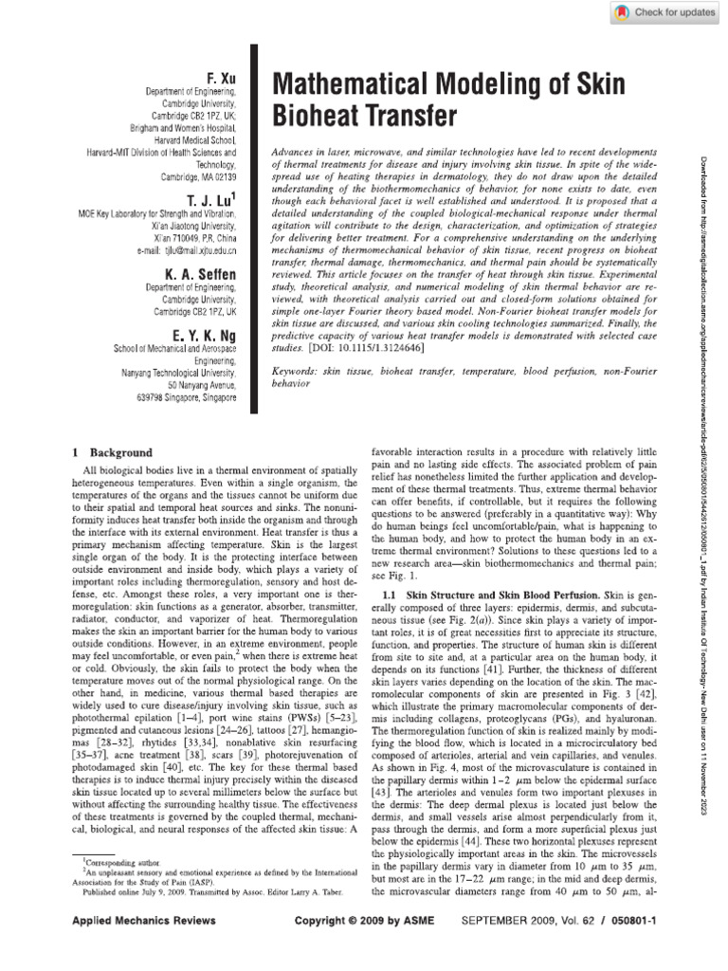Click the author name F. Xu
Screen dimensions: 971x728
tap(220, 75)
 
